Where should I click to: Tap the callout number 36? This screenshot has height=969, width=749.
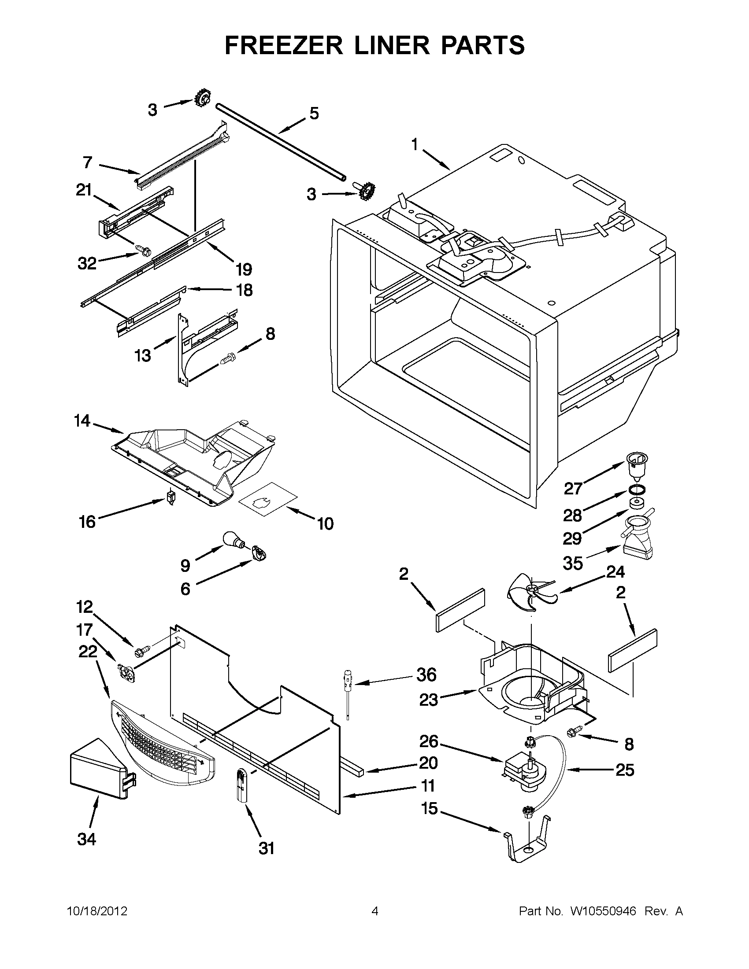(426, 675)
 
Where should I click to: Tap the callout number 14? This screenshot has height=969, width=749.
(82, 420)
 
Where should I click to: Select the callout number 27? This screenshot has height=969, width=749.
(573, 489)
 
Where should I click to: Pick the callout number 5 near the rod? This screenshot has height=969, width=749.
(314, 114)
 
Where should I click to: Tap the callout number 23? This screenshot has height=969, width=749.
(428, 700)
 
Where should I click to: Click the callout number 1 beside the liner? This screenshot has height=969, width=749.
(415, 145)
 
